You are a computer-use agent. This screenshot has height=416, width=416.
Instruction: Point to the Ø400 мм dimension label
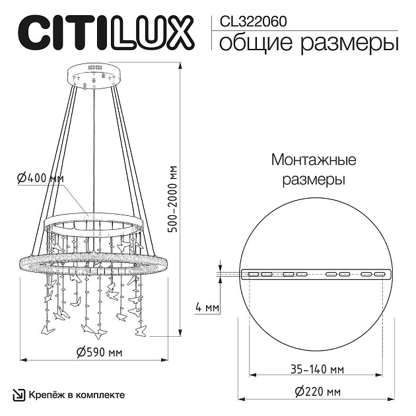[x=41, y=178]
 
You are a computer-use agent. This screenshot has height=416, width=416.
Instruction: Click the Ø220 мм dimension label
[x=318, y=392]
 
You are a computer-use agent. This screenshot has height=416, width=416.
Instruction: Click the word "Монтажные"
[x=314, y=160]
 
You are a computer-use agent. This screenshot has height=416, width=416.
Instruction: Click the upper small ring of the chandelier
[x=93, y=222]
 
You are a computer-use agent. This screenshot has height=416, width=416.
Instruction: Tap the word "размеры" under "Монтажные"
[x=314, y=179]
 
